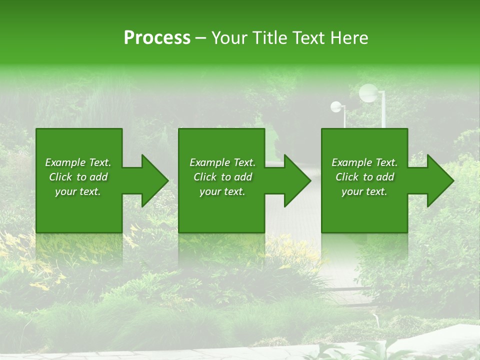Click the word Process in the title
point(157,38)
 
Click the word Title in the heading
point(266,38)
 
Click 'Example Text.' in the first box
point(78,162)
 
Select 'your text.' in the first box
point(78,191)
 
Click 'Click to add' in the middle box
point(222,177)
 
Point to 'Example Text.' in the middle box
point(222,162)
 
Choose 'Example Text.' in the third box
point(364,162)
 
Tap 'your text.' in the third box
point(364,191)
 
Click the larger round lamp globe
point(368,92)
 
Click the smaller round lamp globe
point(336,106)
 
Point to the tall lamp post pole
point(383,112)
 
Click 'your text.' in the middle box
point(222,191)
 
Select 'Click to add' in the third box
point(364,177)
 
